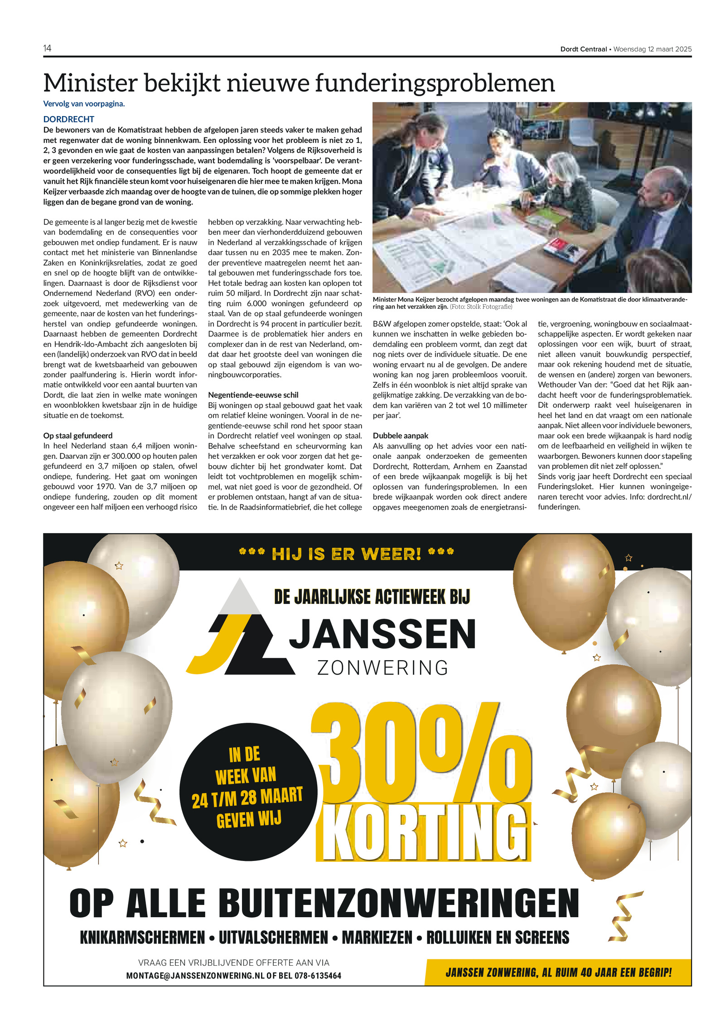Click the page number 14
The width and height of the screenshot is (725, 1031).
point(47,49)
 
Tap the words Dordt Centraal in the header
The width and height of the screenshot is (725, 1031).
point(583,49)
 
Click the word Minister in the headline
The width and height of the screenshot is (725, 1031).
point(90,83)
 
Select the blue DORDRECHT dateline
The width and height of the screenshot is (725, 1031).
point(69,119)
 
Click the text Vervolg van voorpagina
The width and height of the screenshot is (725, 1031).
point(84,104)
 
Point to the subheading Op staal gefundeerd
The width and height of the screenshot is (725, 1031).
point(78,436)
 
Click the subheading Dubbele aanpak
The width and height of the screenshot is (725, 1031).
point(401,436)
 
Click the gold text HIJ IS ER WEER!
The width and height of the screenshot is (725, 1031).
point(346,554)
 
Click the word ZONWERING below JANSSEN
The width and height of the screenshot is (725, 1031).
point(382,668)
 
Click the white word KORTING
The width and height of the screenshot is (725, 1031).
point(424,835)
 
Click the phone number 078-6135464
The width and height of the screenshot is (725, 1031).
point(318,976)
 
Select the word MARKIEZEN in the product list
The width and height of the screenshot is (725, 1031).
point(377,938)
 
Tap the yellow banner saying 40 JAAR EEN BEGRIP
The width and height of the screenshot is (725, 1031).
point(558,973)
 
